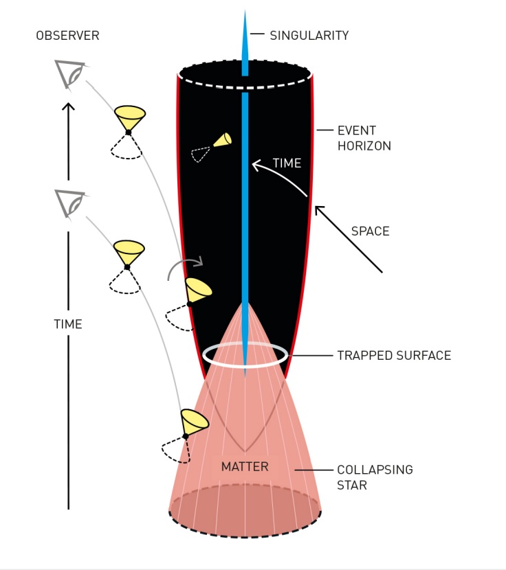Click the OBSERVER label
tap(67, 36)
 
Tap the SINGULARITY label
tap(309, 36)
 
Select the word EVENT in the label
tap(357, 130)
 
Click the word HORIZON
tap(364, 146)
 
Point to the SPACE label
tap(370, 231)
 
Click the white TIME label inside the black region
tap(287, 163)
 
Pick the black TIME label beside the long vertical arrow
tap(68, 324)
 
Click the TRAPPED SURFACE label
tap(394, 355)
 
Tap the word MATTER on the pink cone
tap(245, 466)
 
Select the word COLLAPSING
tap(375, 470)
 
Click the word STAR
tap(352, 486)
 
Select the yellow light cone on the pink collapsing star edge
tap(195, 422)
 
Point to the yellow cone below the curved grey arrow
tap(198, 290)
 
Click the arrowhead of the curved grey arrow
tap(199, 261)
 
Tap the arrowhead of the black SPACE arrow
tap(319, 209)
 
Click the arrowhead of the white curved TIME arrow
tap(256, 166)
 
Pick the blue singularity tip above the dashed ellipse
tap(245, 44)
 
